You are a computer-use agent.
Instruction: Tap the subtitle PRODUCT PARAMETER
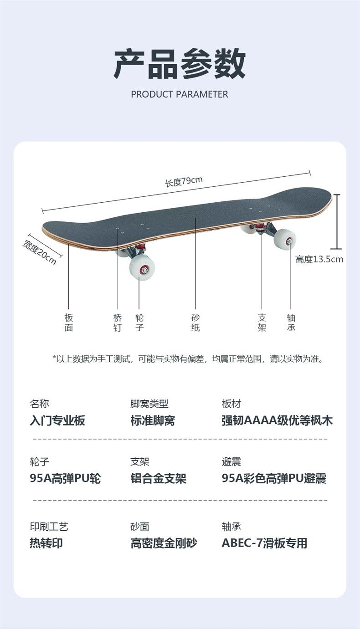[x=180, y=94]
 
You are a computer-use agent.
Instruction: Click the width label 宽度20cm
[x=40, y=251]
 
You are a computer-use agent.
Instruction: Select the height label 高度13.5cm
[x=319, y=259]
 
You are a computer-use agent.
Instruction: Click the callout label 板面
[x=69, y=323]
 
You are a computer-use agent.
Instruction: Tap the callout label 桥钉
[x=118, y=323]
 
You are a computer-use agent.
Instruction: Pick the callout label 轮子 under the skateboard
[x=139, y=323]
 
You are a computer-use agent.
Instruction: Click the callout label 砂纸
[x=195, y=323]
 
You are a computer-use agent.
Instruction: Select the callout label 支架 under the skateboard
[x=262, y=323]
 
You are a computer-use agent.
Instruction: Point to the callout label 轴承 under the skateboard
[x=291, y=323]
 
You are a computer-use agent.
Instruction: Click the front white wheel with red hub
[x=142, y=267]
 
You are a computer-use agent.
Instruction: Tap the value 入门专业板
[x=57, y=420]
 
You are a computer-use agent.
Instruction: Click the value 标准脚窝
[x=153, y=420]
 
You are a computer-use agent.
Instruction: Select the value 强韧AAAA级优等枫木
[x=277, y=420]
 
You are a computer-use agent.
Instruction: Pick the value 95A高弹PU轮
[x=65, y=478]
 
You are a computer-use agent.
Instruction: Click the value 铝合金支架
[x=158, y=478]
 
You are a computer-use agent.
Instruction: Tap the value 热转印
[x=46, y=543]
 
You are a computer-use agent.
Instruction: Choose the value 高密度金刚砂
[x=164, y=543]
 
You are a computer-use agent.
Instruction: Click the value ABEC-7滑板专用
[x=264, y=543]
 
